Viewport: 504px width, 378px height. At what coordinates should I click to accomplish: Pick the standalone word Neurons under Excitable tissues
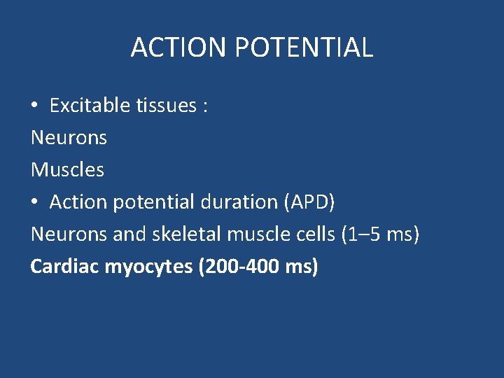click(x=69, y=138)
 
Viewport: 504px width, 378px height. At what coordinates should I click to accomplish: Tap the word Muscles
click(x=67, y=170)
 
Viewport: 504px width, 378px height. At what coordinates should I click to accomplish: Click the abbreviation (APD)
click(x=309, y=202)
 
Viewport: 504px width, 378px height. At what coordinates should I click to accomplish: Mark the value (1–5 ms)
click(x=380, y=234)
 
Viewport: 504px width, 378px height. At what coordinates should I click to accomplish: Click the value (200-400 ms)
click(x=258, y=267)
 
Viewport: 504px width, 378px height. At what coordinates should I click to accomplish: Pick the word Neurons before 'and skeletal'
click(x=69, y=234)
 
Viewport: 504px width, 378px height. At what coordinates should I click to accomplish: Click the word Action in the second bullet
click(x=76, y=202)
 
